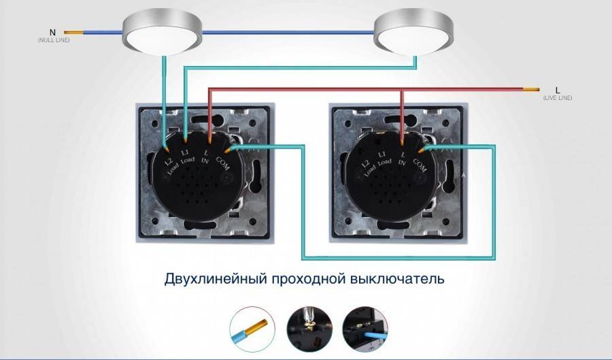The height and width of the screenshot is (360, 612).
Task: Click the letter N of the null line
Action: point(52,33)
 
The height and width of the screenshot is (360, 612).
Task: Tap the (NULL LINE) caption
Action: point(54,40)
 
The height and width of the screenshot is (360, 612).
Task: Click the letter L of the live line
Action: point(558,91)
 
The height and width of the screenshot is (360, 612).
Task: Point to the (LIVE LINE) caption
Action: point(558,98)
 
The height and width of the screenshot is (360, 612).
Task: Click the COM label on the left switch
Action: point(223,163)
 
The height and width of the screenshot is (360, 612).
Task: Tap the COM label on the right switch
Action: point(420,165)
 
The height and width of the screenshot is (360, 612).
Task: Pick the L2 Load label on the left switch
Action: point(171,166)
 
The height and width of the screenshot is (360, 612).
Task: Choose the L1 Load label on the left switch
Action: point(187,157)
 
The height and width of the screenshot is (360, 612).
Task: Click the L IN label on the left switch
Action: point(205,157)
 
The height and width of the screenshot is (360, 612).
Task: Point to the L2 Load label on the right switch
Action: point(369,168)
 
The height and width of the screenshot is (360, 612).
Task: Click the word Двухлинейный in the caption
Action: point(216,280)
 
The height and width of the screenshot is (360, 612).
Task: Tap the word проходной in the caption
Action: point(309,280)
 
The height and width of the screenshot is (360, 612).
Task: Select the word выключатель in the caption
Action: point(397,279)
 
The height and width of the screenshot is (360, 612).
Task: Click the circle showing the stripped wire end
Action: point(252,329)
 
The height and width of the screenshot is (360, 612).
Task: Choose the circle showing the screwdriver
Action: point(309,329)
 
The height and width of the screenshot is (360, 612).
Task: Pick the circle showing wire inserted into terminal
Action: point(365,329)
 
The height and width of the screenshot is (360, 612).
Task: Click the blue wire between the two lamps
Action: point(288,33)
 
